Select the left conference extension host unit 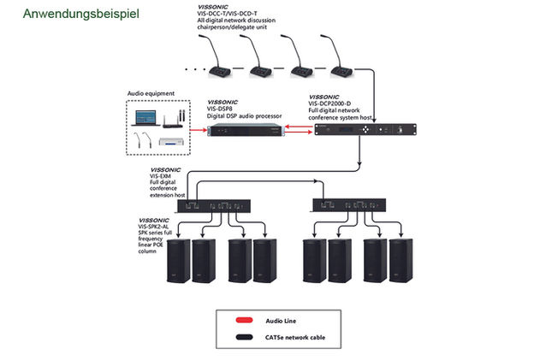(x=213, y=206)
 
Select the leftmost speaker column (x=177, y=260)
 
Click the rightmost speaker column (x=400, y=260)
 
